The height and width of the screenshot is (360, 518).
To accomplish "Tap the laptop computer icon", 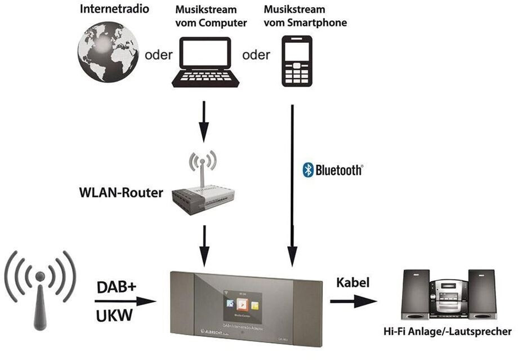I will pyautogui.click(x=204, y=62).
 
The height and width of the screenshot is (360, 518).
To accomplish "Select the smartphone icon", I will pyautogui.click(x=297, y=61).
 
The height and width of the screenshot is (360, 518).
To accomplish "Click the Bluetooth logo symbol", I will pyautogui.click(x=308, y=170).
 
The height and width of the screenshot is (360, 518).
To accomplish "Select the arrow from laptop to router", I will pyautogui.click(x=204, y=120).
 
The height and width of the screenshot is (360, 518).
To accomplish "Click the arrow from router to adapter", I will pyautogui.click(x=204, y=244).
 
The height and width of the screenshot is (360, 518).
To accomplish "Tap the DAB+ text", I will pyautogui.click(x=116, y=287).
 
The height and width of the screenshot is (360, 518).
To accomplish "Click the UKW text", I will pyautogui.click(x=115, y=316).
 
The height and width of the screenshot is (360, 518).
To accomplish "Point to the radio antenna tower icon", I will pyautogui.click(x=40, y=289).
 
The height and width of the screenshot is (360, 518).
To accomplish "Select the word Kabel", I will pyautogui.click(x=352, y=283).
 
